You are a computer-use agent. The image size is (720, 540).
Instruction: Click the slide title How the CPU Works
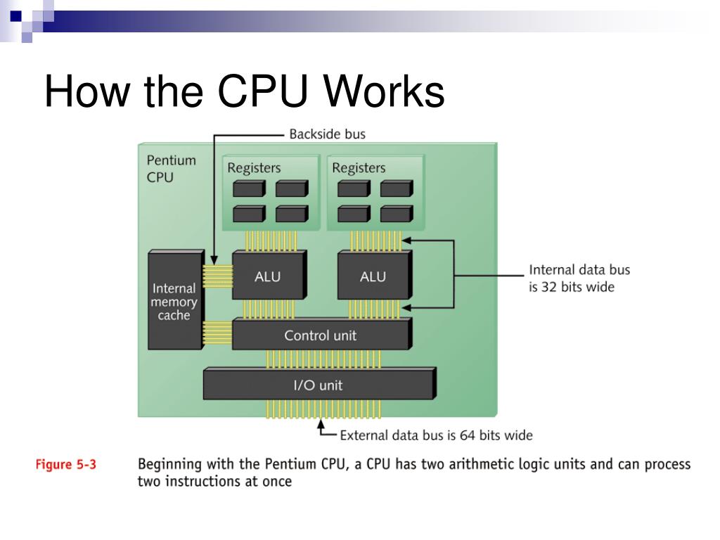point(244,92)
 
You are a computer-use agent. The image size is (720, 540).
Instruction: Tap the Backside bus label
point(327,134)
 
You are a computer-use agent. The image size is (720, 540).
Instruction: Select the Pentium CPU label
point(171,169)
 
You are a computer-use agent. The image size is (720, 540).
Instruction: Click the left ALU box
point(267,276)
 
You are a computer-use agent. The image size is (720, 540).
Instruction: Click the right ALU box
point(372,276)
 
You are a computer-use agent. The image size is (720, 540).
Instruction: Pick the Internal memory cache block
point(174,301)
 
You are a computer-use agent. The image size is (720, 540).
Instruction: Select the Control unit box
point(320,335)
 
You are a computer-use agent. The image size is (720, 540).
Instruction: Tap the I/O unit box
point(318,385)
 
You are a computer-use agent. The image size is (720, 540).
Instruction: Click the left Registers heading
point(254,168)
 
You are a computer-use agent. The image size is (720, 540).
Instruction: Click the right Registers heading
point(359,168)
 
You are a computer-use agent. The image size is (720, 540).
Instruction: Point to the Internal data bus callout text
point(579,278)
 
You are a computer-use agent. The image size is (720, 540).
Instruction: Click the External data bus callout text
point(436,435)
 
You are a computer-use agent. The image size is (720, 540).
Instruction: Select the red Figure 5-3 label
point(66,465)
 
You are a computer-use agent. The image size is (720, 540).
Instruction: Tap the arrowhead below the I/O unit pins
point(321,424)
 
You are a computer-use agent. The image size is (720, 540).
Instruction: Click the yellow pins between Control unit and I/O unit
point(323,359)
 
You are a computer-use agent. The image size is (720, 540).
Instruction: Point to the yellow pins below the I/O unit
point(323,409)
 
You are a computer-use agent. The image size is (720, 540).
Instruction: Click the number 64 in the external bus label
point(468,435)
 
